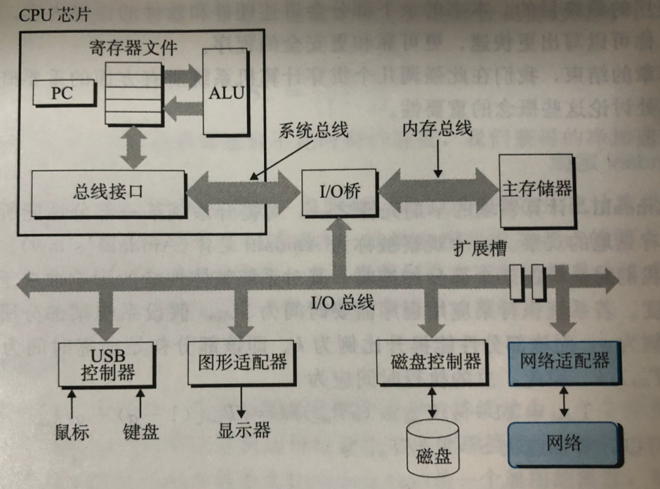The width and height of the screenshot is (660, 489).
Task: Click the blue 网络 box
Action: pyautogui.click(x=564, y=441)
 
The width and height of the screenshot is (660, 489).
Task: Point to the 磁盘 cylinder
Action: pyautogui.click(x=434, y=450)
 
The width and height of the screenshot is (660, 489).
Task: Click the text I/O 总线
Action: pyautogui.click(x=342, y=303)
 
